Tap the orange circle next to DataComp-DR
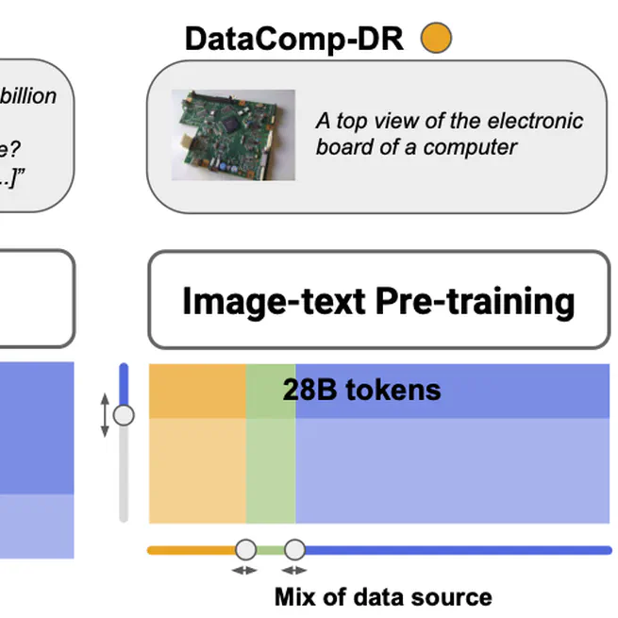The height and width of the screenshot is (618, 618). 436,38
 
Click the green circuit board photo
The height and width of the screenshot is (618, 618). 233,134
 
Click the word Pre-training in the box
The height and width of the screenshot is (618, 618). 476,301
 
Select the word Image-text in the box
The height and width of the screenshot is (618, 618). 274,301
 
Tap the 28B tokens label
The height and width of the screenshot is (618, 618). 361,390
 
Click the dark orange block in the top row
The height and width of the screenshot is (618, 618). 197,391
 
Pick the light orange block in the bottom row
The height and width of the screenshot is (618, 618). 197,470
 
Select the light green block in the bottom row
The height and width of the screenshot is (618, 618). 271,470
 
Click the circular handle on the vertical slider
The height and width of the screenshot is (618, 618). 124,414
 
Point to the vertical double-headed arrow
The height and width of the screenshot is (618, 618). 106,415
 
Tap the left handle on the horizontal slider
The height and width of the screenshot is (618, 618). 245,549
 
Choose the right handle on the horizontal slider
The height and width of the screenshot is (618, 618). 295,549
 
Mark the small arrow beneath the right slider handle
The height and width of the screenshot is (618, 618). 295,570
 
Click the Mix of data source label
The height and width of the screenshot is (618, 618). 382,596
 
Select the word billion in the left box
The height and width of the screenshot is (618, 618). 29,96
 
